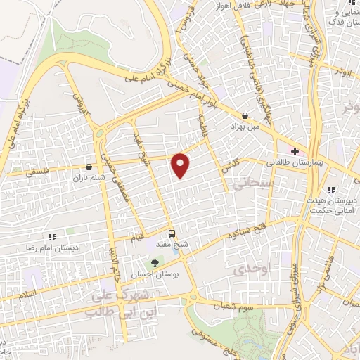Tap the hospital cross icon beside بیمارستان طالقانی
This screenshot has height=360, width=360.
tap(295, 151)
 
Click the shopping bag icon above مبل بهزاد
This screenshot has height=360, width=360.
tap(245, 115)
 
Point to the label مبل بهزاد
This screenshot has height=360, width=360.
tap(245, 127)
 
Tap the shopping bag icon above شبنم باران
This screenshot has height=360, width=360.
tap(90, 167)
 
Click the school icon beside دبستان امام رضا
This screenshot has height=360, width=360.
tap(51, 238)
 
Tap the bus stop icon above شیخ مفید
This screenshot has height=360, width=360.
tap(172, 233)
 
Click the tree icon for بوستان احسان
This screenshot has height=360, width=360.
tap(155, 263)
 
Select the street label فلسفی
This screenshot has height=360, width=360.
tap(19, 171)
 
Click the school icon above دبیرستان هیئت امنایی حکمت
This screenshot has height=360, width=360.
tap(331, 189)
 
